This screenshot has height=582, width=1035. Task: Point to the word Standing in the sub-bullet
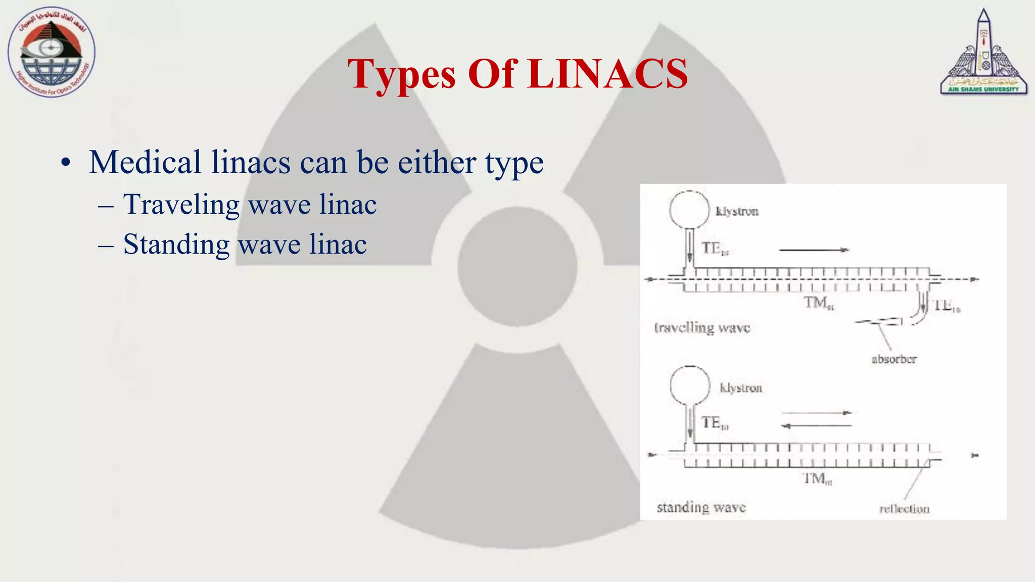click(176, 245)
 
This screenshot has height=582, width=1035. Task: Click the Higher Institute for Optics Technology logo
click(51, 53)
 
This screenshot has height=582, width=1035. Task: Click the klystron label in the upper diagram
click(737, 211)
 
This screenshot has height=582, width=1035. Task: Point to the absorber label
click(893, 359)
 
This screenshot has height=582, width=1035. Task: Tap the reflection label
click(904, 509)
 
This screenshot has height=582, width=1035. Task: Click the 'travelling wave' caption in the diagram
click(702, 328)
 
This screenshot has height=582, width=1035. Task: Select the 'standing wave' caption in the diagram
click(701, 507)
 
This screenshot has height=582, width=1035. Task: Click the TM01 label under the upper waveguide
click(819, 303)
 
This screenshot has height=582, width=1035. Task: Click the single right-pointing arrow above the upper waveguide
click(814, 250)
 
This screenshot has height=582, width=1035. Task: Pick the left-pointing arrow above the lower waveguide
click(816, 426)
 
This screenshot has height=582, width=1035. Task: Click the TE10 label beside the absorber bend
click(947, 306)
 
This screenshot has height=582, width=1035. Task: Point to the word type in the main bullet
click(514, 163)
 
